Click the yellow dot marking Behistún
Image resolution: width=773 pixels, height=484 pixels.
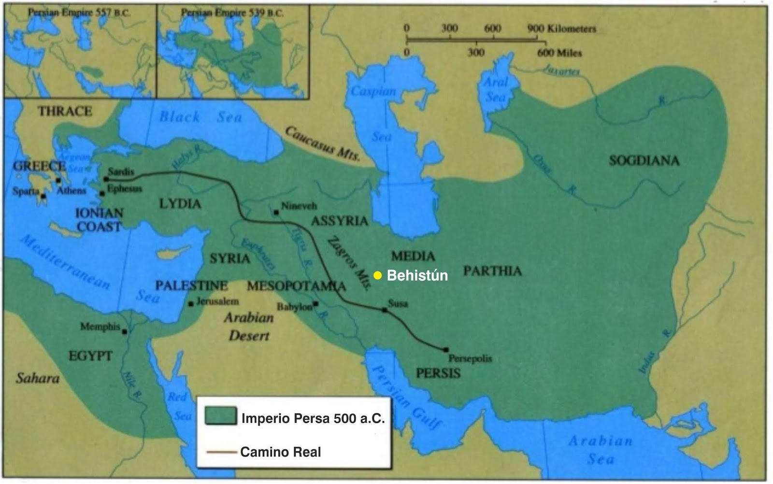point(378,275)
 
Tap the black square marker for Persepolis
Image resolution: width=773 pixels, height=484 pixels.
point(446,349)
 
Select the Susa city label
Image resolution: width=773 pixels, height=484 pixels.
point(398,304)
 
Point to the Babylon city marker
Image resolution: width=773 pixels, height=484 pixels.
point(315,304)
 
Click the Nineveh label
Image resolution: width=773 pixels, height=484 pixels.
point(299,206)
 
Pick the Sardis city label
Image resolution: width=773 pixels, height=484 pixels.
point(121,171)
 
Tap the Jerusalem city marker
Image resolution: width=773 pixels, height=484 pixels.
point(191,304)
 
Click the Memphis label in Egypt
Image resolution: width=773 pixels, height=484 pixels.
point(100,327)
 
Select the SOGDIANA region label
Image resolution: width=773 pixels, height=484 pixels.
point(644,161)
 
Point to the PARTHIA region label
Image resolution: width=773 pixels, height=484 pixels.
point(492,271)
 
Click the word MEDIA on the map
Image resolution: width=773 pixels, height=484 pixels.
point(413,256)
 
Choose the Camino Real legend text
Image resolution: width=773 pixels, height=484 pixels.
point(281,452)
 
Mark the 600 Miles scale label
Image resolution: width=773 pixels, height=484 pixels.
point(559,53)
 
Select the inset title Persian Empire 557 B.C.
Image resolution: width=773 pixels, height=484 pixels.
point(79,13)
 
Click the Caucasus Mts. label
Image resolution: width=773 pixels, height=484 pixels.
point(323,144)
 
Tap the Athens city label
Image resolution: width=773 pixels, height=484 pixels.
point(72,191)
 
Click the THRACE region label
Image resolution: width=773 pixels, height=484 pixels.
point(65,112)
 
